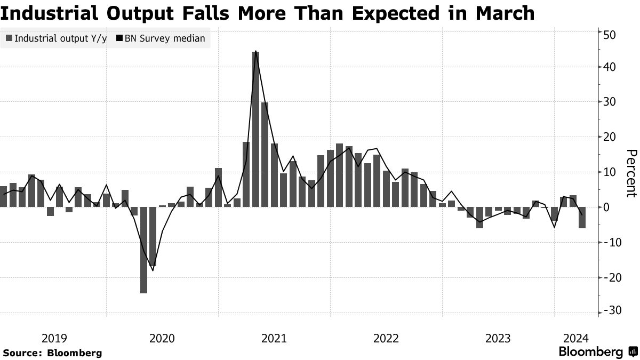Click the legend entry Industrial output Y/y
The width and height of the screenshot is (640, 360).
point(55,38)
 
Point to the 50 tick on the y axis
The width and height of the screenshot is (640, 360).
point(610,35)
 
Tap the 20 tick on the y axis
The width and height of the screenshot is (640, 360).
point(610,137)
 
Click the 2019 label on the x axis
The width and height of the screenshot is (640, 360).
point(54,338)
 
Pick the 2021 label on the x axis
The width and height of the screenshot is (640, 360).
point(274,338)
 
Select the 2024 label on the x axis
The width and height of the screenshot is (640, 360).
point(575,338)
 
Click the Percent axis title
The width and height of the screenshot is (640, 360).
point(631,173)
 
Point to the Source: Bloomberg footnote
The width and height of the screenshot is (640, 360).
point(52,353)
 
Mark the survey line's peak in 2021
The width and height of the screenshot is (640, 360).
point(256,51)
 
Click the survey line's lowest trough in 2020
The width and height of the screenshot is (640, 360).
point(153,270)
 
